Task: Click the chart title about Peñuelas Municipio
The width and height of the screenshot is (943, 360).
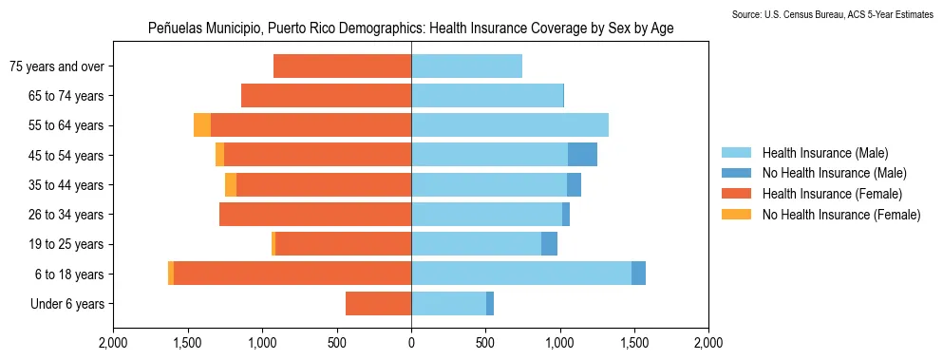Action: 410,28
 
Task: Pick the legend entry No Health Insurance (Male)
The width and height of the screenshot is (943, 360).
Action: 834,173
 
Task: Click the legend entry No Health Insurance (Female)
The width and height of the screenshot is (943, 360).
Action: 841,215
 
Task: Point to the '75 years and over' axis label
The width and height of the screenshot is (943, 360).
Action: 57,66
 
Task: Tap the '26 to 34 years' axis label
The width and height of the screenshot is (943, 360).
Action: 63,215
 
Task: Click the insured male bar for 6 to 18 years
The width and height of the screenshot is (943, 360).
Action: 521,274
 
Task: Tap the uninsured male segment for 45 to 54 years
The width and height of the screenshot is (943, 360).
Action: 582,155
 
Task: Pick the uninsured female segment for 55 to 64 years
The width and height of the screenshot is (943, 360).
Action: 202,125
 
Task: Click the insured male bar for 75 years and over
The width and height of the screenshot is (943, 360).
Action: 466,66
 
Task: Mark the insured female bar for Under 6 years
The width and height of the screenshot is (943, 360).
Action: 378,304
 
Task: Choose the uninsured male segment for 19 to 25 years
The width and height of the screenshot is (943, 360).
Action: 549,244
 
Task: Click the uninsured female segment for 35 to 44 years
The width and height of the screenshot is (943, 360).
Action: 231,184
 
